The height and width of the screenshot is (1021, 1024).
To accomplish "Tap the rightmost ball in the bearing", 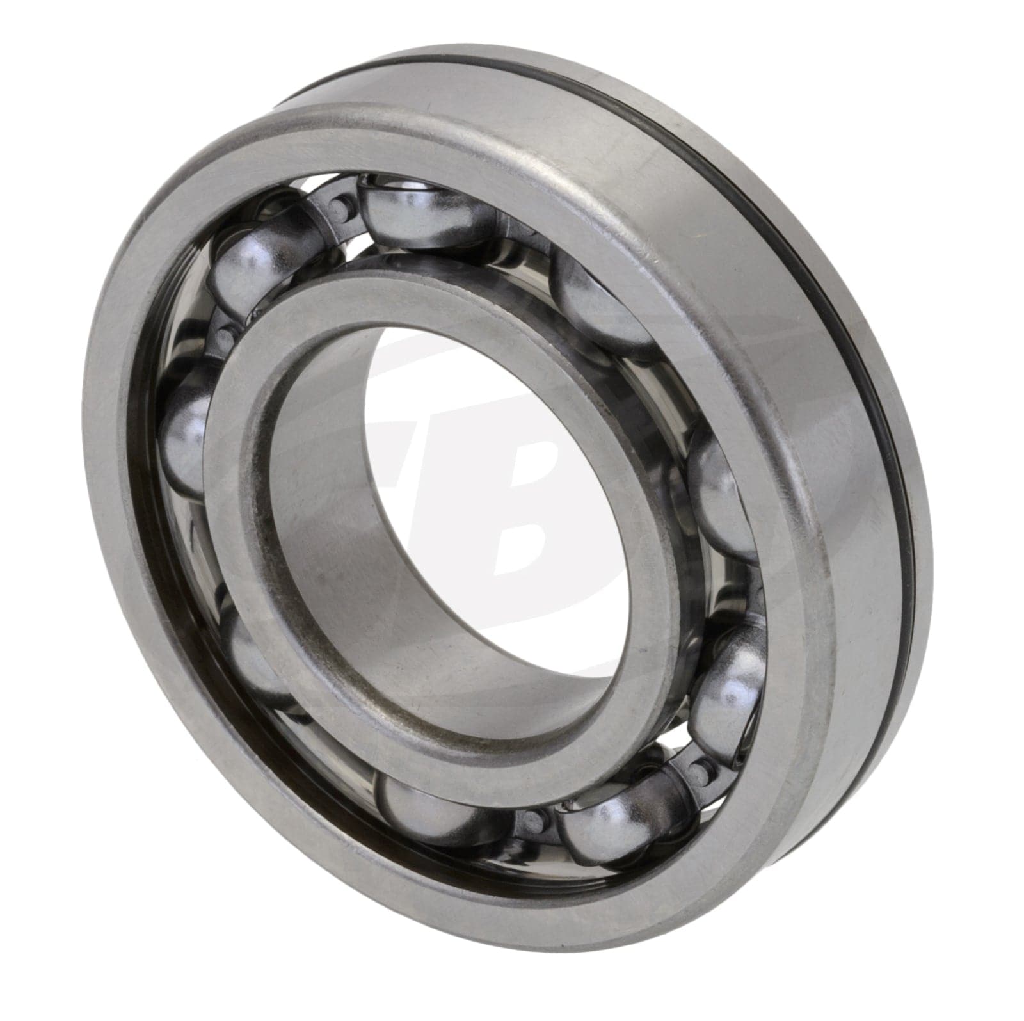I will pos(717,493).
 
